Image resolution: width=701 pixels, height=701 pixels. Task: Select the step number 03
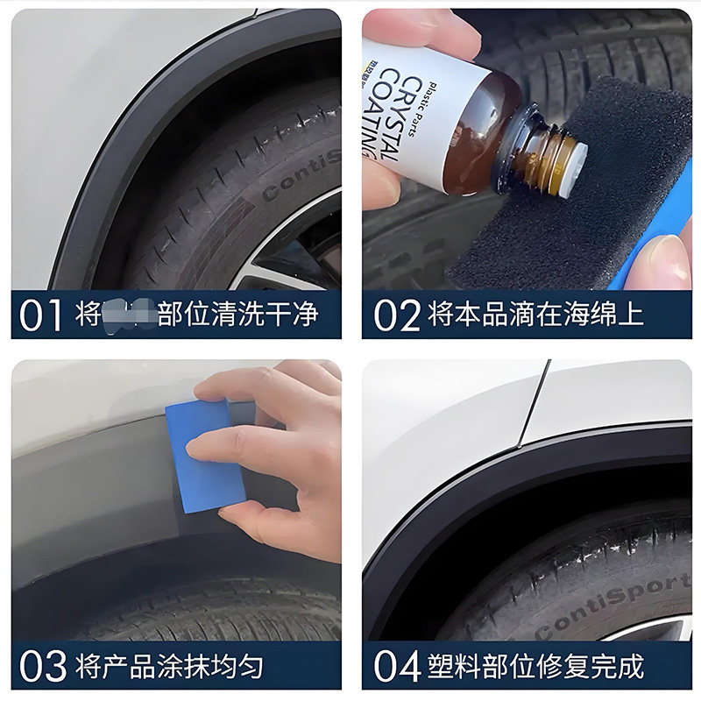point(41,666)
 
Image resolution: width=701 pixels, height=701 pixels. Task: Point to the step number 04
point(397,666)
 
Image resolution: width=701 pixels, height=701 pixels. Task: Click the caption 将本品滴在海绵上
point(535,315)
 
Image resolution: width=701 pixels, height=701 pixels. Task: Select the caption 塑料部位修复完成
point(535,666)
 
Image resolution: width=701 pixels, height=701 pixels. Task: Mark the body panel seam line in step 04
point(533,403)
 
